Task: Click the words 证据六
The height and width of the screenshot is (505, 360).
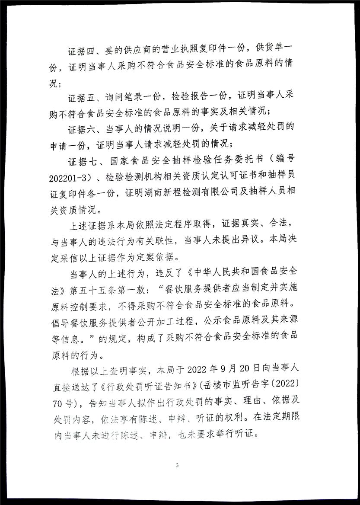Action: pos(81,128)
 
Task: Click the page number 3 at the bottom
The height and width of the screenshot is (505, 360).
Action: pos(177,466)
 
